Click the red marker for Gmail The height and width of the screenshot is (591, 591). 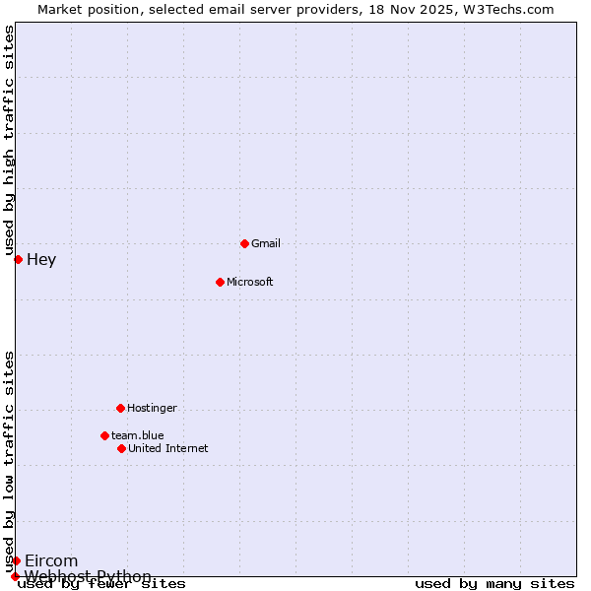[x=244, y=243]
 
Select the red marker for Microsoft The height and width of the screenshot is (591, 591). [x=220, y=282]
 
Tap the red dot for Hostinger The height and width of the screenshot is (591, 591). [x=120, y=408]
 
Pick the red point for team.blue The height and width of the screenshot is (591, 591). [x=104, y=435]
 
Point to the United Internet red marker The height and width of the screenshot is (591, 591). [x=121, y=448]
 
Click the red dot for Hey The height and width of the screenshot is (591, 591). [x=18, y=259]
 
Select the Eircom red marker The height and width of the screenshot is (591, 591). [x=16, y=560]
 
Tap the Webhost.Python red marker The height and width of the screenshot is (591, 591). [x=15, y=576]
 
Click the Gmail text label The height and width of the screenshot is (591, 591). [x=266, y=243]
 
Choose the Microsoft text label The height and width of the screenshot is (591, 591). [x=249, y=282]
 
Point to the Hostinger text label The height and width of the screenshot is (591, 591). [x=152, y=408]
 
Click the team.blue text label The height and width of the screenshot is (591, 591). [x=137, y=435]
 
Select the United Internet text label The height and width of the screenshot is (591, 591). [x=167, y=448]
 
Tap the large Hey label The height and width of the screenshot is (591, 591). [x=41, y=260]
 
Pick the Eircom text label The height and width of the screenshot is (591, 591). [x=51, y=561]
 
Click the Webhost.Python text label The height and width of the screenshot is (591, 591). [x=88, y=576]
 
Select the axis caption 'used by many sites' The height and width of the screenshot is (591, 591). [x=494, y=584]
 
